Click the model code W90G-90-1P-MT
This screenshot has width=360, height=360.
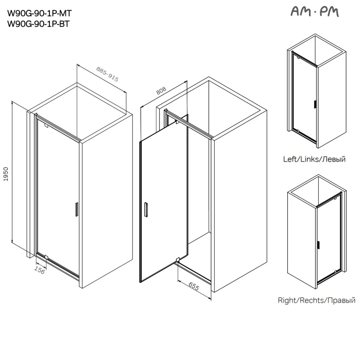40,14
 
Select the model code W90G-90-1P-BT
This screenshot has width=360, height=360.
39,24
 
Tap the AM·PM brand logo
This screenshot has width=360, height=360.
315,12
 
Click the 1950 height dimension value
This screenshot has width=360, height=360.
6,174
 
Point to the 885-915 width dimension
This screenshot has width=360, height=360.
107,75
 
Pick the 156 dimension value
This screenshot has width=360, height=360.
40,270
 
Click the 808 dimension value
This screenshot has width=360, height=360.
161,91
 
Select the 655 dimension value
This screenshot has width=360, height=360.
194,286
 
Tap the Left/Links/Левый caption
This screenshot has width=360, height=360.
314,159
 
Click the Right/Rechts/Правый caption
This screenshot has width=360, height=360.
316,300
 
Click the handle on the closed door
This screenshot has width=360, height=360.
76,209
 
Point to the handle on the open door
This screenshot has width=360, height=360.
146,210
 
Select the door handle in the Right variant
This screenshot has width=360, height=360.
318,245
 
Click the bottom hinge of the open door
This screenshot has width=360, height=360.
177,260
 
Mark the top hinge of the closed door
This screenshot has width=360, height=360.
46,125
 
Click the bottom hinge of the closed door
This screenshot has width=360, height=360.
46,257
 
